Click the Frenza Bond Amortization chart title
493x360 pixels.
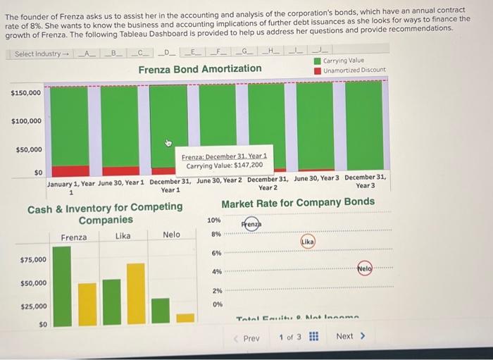200,69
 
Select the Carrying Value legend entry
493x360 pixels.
343,61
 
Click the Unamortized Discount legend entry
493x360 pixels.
354,70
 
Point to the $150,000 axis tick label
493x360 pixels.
26,92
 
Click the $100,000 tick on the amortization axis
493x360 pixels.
26,121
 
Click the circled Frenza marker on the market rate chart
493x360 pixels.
251,224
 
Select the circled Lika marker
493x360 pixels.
308,242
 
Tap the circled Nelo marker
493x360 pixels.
364,268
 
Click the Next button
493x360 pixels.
350,336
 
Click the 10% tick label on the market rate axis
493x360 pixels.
215,221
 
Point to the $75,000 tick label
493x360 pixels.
33,259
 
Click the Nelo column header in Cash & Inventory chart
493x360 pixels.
171,235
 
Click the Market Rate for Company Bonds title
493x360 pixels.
298,203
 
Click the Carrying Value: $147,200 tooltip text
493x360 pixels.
224,166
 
